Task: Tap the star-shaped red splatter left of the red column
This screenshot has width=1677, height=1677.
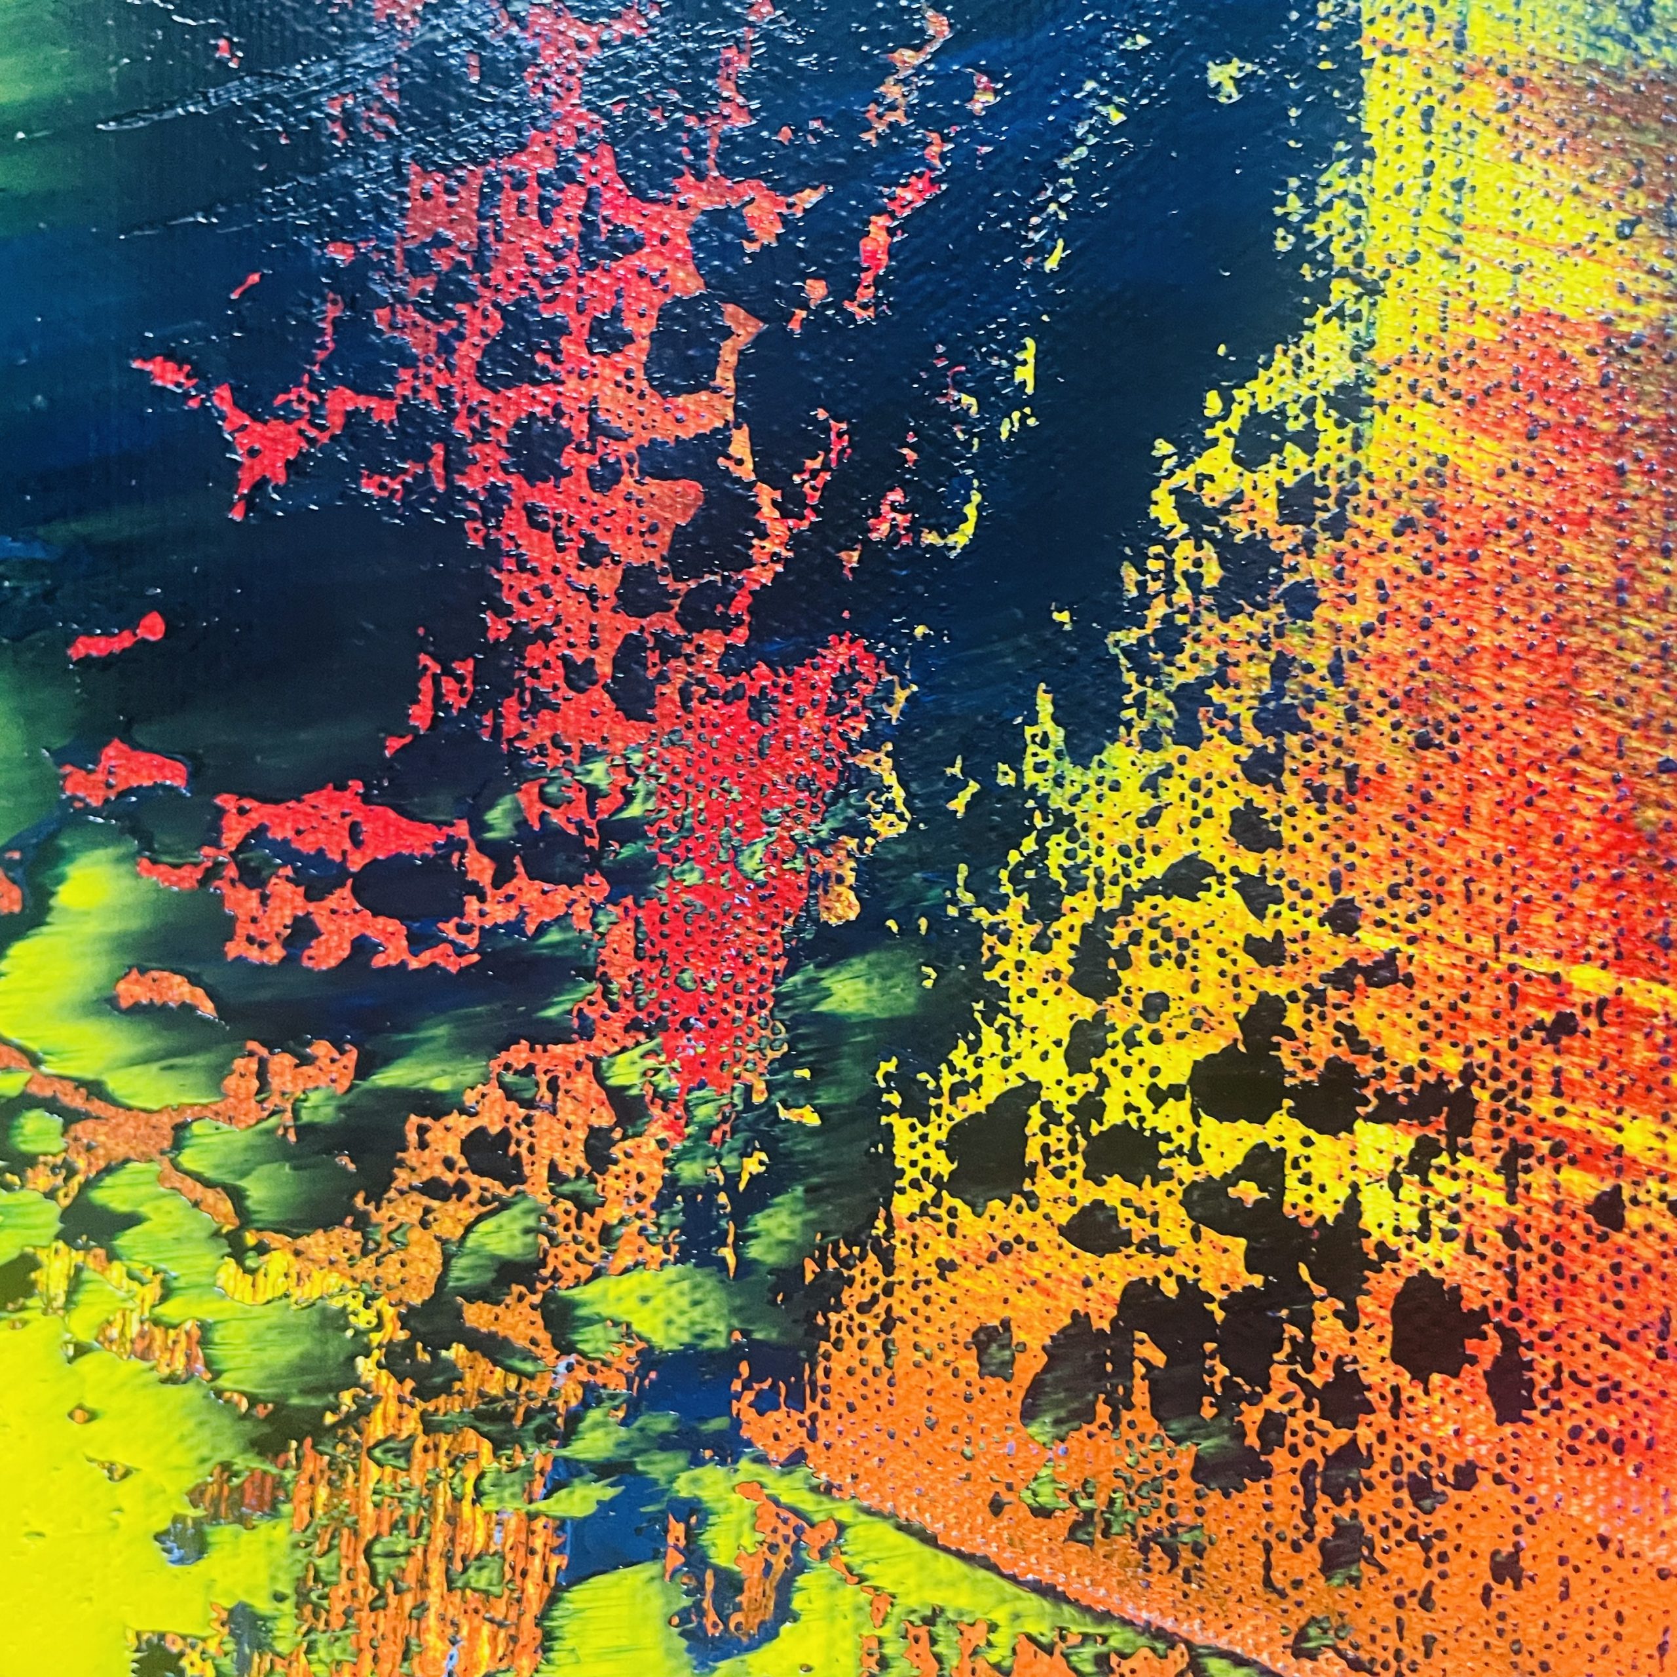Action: [261, 434]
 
